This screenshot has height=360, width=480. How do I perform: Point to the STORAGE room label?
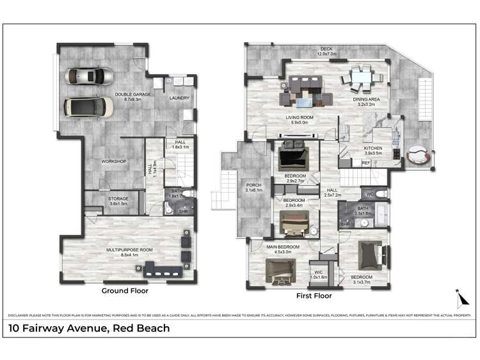(118, 199)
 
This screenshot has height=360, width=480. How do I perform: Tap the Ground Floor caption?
(125, 291)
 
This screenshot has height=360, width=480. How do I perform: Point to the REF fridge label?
(366, 163)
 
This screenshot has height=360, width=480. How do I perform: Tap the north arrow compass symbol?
(458, 299)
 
